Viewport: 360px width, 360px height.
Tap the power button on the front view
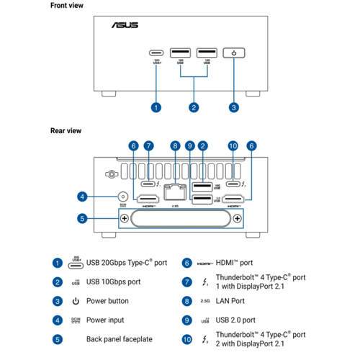[233, 53]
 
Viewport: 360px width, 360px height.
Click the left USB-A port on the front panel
[180, 53]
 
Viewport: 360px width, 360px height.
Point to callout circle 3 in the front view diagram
[233, 108]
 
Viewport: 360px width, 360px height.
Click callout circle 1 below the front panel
[156, 108]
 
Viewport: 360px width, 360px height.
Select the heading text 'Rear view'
[66, 130]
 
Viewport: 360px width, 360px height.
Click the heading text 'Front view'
[67, 5]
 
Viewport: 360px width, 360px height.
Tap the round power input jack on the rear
[123, 196]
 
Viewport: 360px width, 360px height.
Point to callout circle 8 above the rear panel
[175, 146]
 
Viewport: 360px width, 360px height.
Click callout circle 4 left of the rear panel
[83, 196]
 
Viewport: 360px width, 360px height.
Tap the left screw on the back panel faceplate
[124, 218]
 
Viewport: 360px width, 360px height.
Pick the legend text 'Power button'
[108, 300]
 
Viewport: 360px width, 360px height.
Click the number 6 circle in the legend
[186, 263]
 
